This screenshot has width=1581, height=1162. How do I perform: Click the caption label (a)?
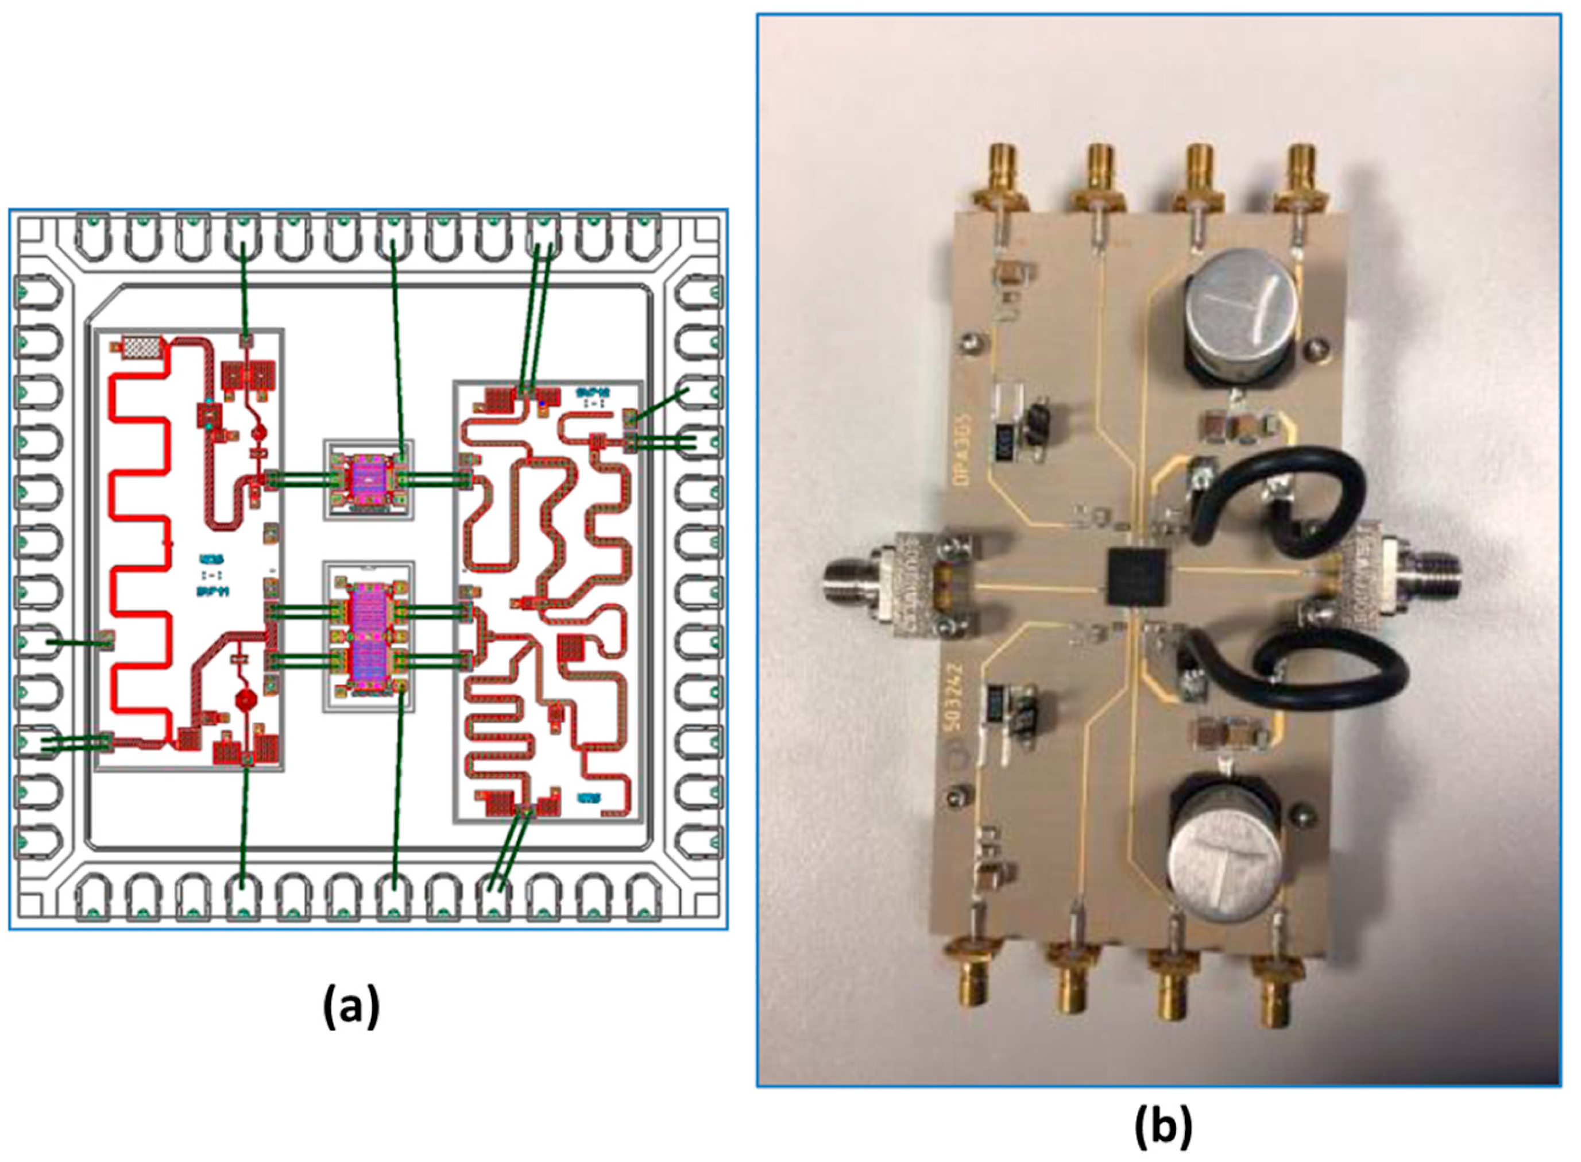[351, 1007]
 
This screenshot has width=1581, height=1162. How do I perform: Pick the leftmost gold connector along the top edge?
[998, 186]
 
